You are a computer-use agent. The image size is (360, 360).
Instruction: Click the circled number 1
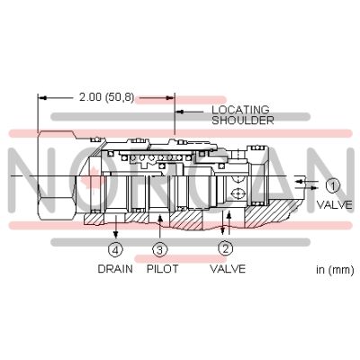tap(332, 186)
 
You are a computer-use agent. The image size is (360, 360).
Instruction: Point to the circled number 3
tap(159, 249)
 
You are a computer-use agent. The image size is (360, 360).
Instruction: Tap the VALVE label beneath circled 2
tap(226, 267)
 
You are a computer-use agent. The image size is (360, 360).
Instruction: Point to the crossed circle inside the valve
tap(238, 193)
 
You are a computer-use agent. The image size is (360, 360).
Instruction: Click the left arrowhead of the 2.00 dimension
tap(40, 96)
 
